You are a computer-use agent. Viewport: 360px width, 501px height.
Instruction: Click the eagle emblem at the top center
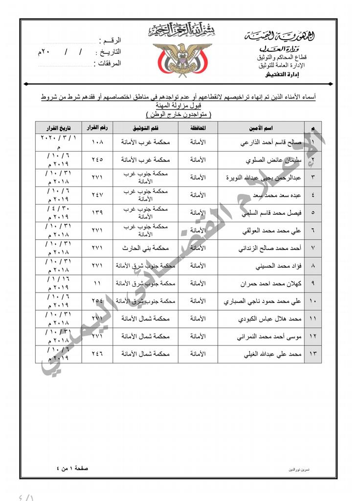(x=181, y=59)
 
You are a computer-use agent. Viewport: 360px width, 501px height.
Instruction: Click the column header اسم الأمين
(x=261, y=128)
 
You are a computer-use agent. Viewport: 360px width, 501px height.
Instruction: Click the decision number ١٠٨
(x=97, y=143)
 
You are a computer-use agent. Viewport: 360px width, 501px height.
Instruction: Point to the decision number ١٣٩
(x=97, y=213)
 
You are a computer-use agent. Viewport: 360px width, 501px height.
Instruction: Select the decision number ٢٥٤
(x=97, y=301)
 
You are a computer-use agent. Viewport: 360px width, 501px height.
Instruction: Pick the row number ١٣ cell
(x=313, y=354)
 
